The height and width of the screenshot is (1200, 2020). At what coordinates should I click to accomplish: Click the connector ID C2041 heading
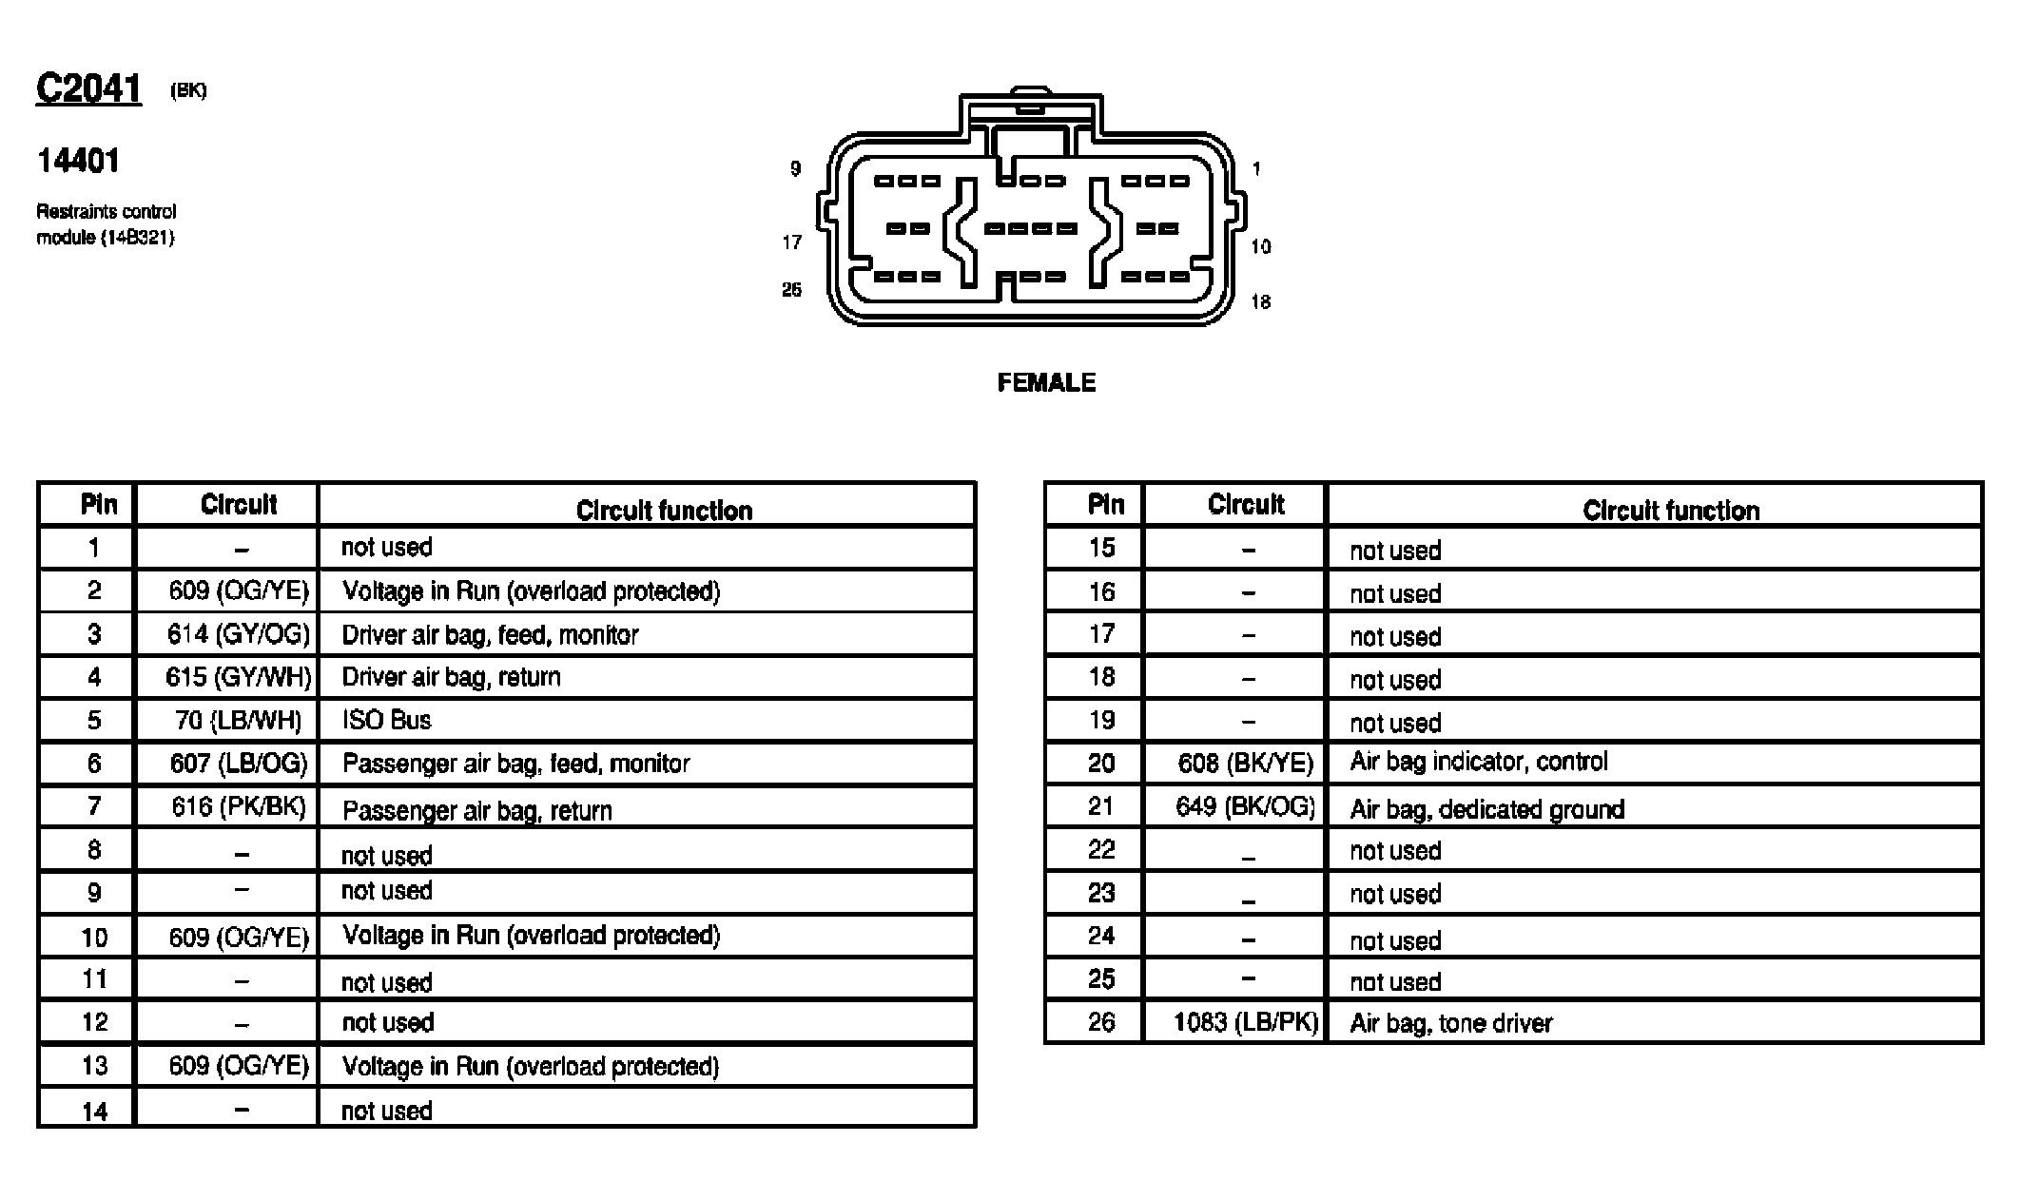88,89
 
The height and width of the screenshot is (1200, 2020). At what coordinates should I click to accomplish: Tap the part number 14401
78,161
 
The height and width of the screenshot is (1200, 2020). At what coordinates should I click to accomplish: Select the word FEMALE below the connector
1046,382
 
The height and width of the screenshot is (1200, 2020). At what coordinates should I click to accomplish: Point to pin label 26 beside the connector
791,290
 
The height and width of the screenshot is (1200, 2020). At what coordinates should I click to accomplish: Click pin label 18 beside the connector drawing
1260,302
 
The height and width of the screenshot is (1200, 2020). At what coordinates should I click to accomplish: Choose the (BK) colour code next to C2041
188,91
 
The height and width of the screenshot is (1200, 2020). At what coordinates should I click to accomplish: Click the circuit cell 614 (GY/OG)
239,634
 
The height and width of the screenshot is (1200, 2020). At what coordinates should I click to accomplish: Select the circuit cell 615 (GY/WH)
238,677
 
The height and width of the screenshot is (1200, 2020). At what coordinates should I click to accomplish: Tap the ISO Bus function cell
386,720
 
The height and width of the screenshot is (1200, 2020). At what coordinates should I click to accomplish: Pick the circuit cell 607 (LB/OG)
239,763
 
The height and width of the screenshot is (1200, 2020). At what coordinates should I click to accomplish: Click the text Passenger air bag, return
476,810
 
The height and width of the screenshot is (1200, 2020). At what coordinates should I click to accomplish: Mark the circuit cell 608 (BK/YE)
1245,763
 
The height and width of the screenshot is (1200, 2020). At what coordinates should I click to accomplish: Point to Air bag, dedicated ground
1486,809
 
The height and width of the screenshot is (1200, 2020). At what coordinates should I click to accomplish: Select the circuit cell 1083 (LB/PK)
1246,1022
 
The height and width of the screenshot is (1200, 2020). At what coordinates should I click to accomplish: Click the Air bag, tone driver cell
1450,1023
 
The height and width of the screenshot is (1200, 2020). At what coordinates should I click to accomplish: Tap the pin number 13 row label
94,1066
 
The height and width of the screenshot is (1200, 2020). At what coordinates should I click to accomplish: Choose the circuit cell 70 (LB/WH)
238,720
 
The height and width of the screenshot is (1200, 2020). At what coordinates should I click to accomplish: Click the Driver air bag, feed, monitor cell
490,634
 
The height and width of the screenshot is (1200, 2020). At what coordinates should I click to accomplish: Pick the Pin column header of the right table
1105,504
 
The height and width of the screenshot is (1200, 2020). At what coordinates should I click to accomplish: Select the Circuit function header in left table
664,511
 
